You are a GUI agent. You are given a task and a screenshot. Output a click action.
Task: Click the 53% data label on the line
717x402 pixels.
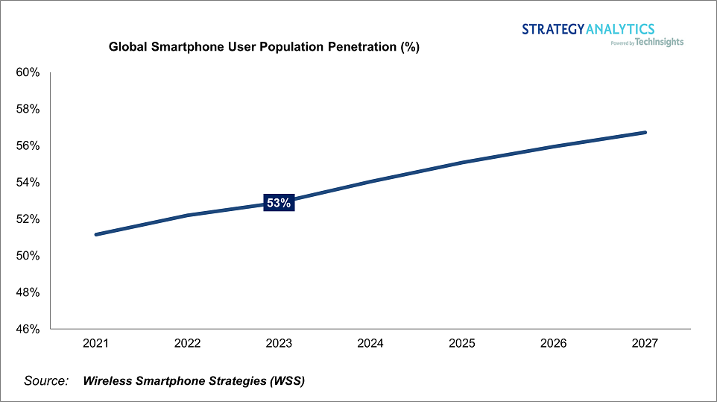point(279,203)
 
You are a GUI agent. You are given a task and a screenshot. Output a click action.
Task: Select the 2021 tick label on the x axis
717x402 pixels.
point(96,343)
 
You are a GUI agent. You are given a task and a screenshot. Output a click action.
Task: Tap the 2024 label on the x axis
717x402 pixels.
point(370,343)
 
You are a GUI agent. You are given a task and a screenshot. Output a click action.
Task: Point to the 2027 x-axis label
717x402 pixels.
point(645,343)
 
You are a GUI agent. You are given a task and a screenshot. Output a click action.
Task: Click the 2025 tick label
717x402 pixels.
point(462,343)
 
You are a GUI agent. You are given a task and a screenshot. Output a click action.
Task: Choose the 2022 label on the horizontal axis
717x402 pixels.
point(188,343)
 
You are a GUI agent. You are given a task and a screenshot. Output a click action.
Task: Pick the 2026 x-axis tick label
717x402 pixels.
point(554,343)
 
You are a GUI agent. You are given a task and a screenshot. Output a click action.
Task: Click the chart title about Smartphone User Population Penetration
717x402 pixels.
point(265,47)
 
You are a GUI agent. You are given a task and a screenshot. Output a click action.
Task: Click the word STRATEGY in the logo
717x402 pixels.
point(553,29)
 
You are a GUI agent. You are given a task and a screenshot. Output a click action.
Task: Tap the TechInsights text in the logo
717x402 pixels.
point(660,43)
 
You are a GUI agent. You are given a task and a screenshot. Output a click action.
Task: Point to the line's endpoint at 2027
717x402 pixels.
point(645,133)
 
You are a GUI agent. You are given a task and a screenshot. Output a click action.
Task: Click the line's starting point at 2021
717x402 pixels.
point(96,234)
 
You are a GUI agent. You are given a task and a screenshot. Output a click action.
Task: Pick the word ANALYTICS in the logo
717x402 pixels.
point(620,29)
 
